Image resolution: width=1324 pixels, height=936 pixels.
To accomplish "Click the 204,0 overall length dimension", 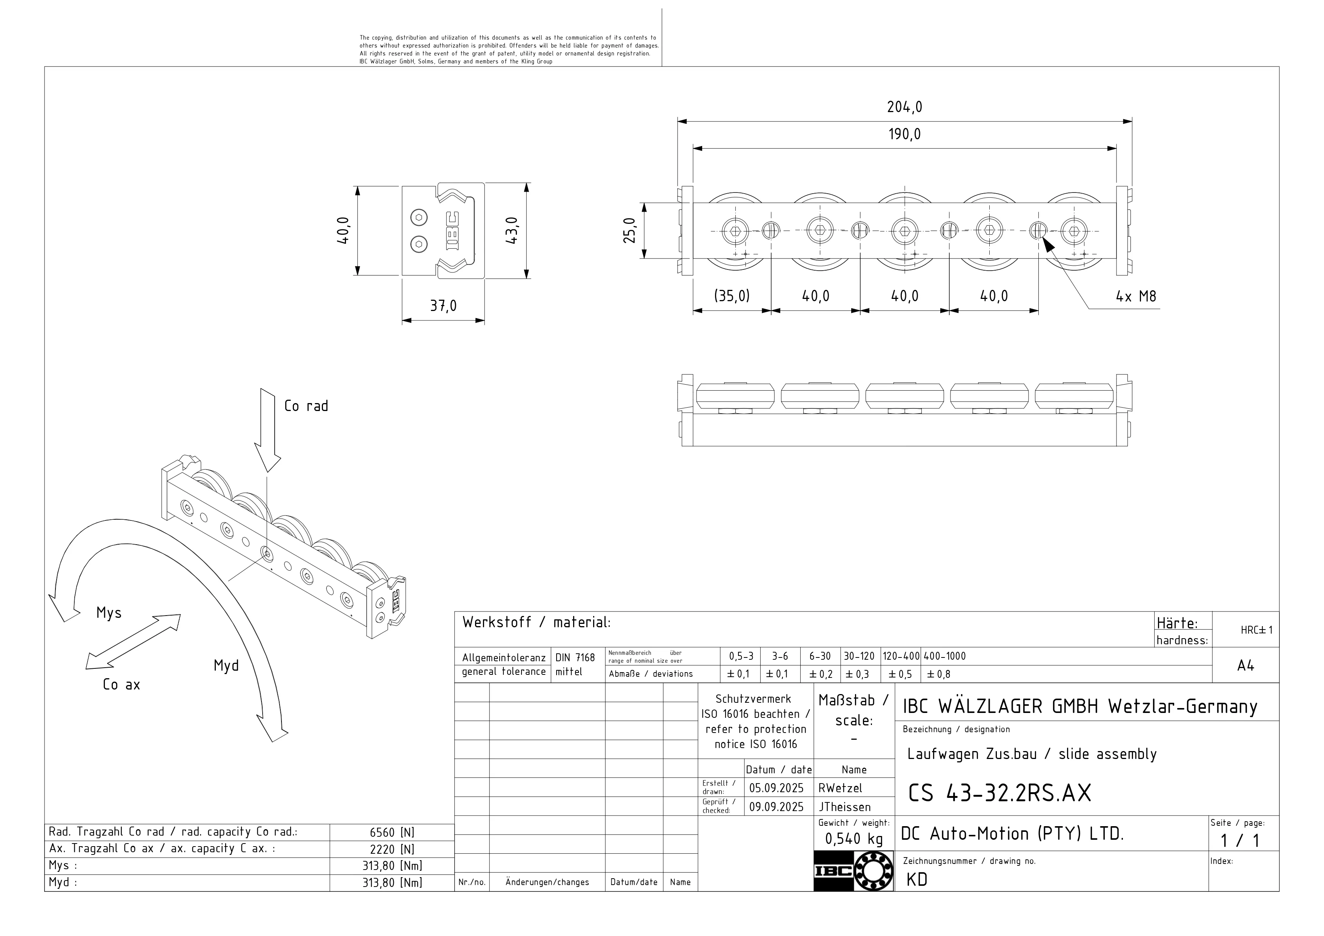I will point(904,107).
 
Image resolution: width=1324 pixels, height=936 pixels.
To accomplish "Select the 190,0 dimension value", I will point(904,134).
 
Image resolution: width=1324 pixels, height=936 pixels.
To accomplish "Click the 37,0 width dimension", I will point(443,306).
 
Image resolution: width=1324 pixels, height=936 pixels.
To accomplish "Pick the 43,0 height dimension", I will point(512,231).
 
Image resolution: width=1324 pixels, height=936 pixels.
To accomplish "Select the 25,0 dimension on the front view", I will point(630,231).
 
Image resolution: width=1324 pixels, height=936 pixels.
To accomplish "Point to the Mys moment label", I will point(109,613).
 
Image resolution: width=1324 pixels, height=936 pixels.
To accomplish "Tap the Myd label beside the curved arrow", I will point(226,666).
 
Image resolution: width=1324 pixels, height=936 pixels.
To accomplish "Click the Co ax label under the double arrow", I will point(121,685).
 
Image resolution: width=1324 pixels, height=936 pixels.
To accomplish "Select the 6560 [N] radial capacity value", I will point(392,833).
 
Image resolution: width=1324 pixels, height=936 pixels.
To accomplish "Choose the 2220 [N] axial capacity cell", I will point(392,850).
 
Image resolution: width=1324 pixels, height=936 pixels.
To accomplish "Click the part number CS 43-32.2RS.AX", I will point(1000,794).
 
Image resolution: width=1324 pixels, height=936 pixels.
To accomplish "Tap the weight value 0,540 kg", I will point(853,839).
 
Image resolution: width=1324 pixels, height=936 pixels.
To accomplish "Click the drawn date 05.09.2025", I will point(776,788).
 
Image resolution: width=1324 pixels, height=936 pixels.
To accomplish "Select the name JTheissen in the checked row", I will point(845,807).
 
